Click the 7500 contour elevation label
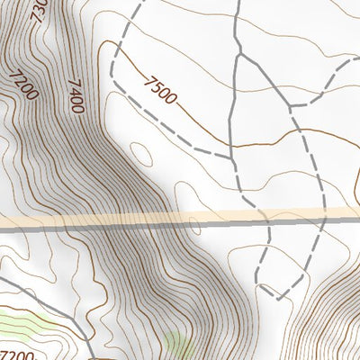162,90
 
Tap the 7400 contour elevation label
76,94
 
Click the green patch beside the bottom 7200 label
27,324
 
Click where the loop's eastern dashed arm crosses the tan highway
320,215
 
